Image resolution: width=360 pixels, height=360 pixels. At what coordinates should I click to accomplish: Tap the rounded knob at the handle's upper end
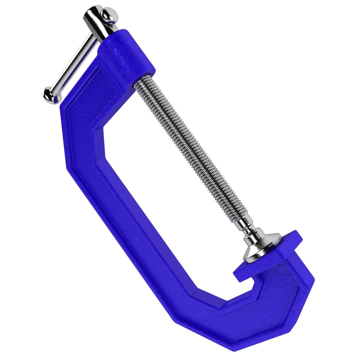click(x=110, y=15)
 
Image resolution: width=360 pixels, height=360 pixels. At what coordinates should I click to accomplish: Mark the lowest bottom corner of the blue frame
click(x=233, y=348)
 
